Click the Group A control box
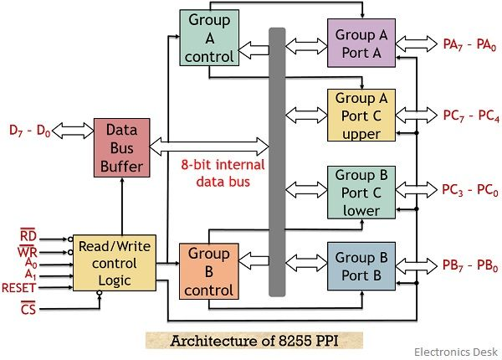coord(208,38)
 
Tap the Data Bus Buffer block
coord(122,148)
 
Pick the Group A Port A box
coord(361,43)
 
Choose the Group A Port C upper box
coord(361,116)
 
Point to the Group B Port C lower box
coord(361,192)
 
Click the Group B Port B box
coord(361,266)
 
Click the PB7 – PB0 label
coord(469,266)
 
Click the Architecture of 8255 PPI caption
coord(254,341)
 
